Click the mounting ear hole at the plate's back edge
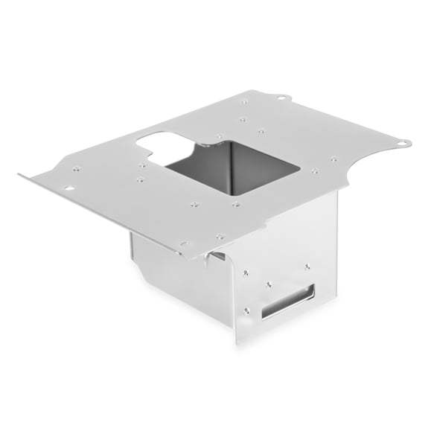tap(281, 98)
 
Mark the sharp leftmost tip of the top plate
tap(20, 176)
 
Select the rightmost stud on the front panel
tap(307, 266)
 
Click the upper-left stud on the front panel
tap(246, 273)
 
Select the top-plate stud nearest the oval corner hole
tap(76, 170)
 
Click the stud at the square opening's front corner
tap(235, 203)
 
